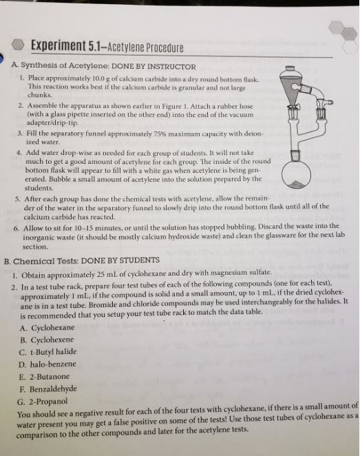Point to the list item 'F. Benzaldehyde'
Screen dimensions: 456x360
(x=56, y=390)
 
